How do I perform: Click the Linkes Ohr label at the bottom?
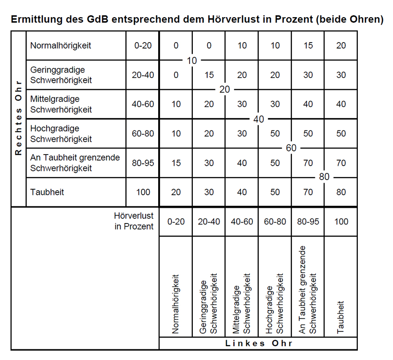(x=258, y=343)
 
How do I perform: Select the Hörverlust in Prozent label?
(x=134, y=221)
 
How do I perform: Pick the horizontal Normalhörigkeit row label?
(x=61, y=45)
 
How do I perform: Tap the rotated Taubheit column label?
(x=341, y=317)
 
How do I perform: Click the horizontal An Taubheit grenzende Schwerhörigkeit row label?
(x=75, y=163)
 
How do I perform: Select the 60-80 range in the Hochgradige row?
(x=143, y=134)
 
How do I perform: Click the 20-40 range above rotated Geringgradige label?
(x=209, y=222)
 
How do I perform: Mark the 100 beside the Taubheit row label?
(x=143, y=192)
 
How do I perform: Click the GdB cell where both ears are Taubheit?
(x=341, y=192)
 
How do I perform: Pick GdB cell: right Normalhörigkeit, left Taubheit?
(x=341, y=45)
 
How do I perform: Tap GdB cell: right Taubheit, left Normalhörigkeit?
(x=176, y=192)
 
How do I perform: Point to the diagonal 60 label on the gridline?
(x=291, y=148)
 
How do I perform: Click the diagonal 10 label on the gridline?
(x=192, y=60)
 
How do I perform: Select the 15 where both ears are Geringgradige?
(x=209, y=75)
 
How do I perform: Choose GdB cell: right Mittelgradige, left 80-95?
(x=308, y=104)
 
